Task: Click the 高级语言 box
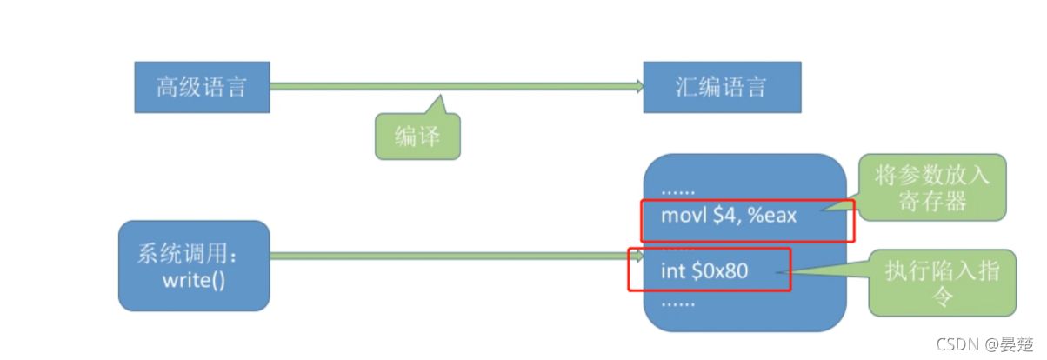202,87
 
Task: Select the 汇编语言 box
721,87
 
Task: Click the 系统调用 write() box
194,266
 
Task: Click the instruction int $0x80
704,271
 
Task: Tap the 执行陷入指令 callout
942,283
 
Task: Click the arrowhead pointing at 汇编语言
638,86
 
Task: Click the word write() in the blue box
194,280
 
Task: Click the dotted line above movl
678,189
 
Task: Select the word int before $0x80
672,271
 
